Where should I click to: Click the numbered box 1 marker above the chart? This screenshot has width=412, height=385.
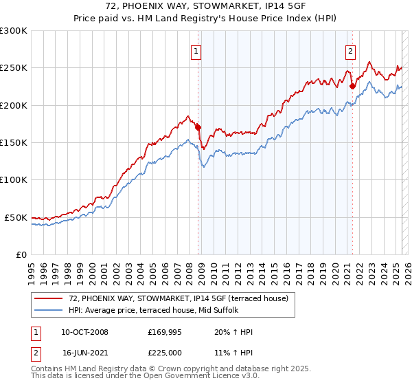click(x=196, y=50)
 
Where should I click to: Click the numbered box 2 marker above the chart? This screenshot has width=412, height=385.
click(x=350, y=50)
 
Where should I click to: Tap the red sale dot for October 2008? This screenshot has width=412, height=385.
click(x=198, y=127)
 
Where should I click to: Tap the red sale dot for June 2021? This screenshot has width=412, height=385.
click(x=352, y=87)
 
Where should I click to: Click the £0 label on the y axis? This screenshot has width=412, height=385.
click(x=21, y=254)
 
